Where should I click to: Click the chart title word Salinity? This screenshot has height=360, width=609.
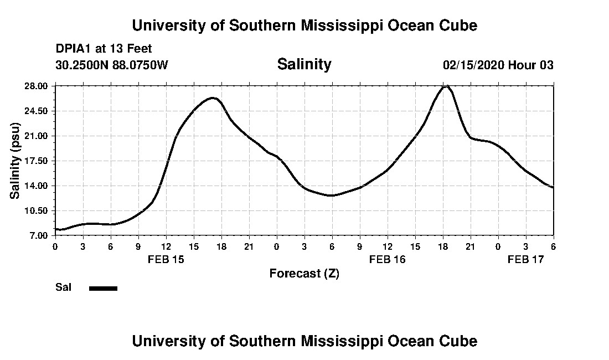(304, 64)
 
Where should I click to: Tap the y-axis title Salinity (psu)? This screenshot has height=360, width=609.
(15, 161)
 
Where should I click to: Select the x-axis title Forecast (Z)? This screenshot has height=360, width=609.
(304, 273)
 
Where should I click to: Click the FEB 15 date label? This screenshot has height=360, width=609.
(166, 259)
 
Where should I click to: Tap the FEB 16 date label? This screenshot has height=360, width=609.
(388, 259)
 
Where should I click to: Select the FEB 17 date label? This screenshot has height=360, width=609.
(526, 259)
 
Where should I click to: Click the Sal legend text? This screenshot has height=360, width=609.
(63, 287)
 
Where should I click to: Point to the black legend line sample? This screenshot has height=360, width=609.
(103, 288)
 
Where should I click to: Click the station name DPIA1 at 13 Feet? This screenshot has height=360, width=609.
(104, 49)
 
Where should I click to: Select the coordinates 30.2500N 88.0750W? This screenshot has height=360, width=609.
(111, 65)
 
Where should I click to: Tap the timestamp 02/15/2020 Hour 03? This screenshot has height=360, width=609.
(498, 65)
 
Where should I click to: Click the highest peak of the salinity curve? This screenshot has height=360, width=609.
(445, 86)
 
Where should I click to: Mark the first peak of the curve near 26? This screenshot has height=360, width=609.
(213, 98)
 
